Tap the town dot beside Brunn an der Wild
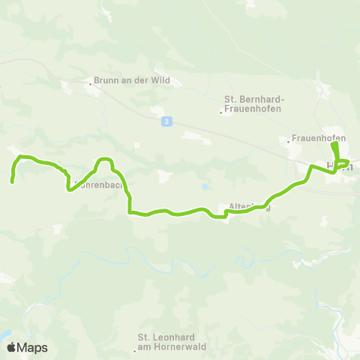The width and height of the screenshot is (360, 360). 91,84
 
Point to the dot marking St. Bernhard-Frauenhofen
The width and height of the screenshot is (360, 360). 220,113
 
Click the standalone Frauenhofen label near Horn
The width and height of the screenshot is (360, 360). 319,139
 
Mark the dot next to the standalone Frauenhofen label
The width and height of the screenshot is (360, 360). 289,140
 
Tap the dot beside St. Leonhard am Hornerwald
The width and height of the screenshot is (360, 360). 135,349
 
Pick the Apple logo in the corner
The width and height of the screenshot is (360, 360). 11,347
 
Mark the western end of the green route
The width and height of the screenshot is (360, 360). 12,181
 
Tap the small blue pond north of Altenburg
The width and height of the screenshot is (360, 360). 202,187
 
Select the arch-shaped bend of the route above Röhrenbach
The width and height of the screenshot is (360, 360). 103,160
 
